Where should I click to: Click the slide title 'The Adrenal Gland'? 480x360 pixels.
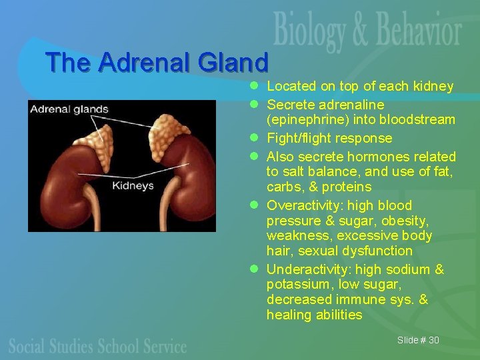(157, 63)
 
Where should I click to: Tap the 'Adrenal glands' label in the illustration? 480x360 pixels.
(69, 109)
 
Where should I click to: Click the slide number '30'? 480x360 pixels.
(433, 340)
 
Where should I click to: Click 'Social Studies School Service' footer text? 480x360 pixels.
(97, 345)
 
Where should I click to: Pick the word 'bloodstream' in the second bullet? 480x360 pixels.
(417, 120)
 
